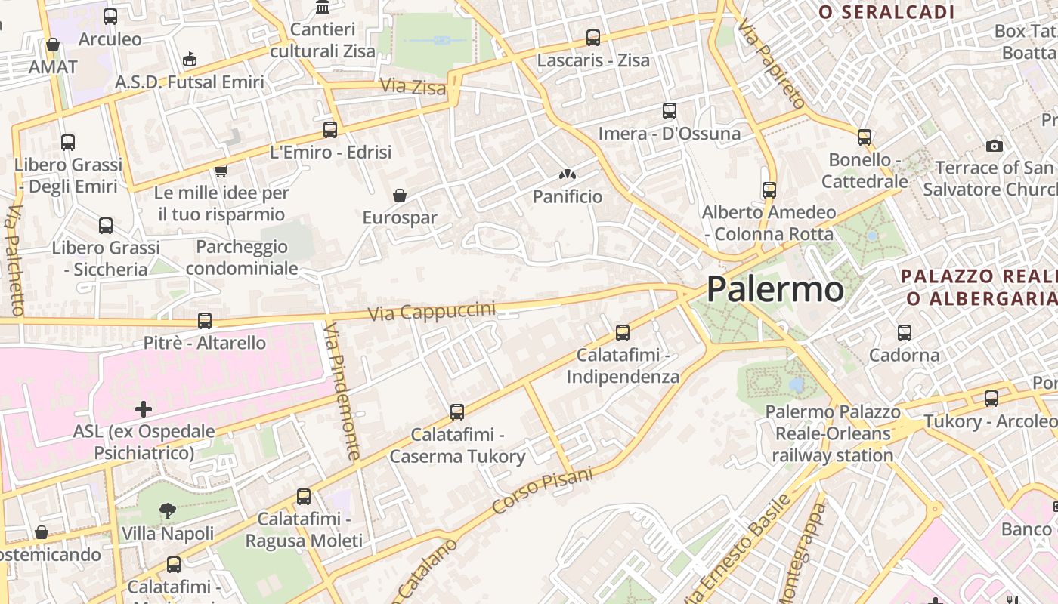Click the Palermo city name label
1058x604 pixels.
pyautogui.click(x=775, y=289)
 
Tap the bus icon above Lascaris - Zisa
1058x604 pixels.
pyautogui.click(x=593, y=37)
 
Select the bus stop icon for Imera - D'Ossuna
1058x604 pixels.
pyautogui.click(x=669, y=111)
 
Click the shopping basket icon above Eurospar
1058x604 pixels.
pyautogui.click(x=400, y=196)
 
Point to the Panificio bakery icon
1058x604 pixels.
pyautogui.click(x=568, y=174)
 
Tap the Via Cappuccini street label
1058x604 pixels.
pyautogui.click(x=432, y=310)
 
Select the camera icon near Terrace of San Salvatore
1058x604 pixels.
pyautogui.click(x=995, y=146)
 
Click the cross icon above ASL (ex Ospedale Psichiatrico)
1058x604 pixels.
pyautogui.click(x=144, y=409)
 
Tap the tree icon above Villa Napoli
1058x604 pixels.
pyautogui.click(x=167, y=511)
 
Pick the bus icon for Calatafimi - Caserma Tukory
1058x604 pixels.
pyautogui.click(x=457, y=412)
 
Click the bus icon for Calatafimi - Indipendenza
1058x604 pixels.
pyautogui.click(x=623, y=332)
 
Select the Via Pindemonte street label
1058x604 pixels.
pyautogui.click(x=342, y=391)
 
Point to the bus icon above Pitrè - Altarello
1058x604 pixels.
pyautogui.click(x=204, y=321)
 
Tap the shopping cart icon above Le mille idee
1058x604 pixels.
pyautogui.click(x=221, y=170)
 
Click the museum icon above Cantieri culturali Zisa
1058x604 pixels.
pyautogui.click(x=323, y=8)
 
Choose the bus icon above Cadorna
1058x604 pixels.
pyautogui.click(x=904, y=332)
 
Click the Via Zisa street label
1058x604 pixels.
pyautogui.click(x=413, y=87)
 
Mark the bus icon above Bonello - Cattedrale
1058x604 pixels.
pyautogui.click(x=865, y=137)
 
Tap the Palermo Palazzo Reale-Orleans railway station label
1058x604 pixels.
pyautogui.click(x=832, y=433)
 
